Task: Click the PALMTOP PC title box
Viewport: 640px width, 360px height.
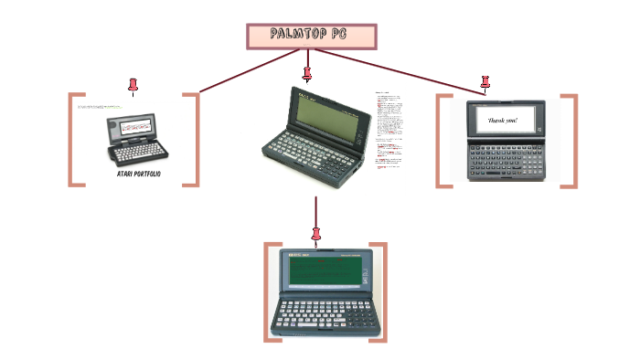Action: [312, 36]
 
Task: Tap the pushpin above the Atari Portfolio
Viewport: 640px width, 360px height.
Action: [133, 85]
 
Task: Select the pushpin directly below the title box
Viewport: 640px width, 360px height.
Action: [307, 72]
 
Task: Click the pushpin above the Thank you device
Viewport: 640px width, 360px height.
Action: [485, 83]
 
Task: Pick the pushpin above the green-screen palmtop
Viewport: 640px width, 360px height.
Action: [316, 234]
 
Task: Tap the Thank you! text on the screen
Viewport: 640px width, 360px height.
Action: [503, 121]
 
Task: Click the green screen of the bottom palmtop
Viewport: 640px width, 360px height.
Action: [324, 271]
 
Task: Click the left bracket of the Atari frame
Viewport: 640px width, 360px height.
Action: [73, 139]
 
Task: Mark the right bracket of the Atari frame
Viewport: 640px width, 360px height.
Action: [195, 139]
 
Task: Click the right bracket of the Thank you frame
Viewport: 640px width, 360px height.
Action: [572, 141]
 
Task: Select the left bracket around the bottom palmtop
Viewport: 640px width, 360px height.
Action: [267, 292]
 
